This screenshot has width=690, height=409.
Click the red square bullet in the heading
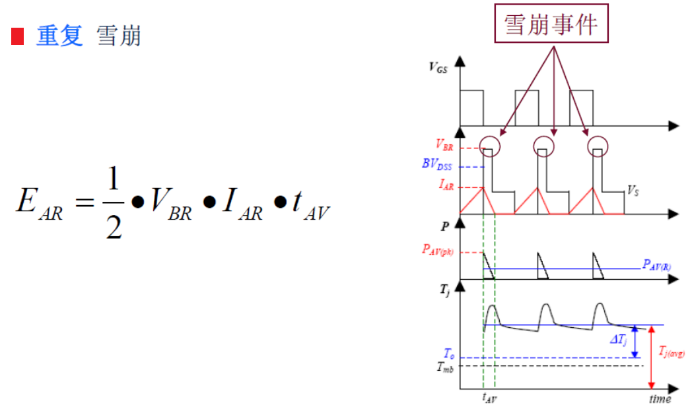[x=17, y=36]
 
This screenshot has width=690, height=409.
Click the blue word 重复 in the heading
[x=59, y=36]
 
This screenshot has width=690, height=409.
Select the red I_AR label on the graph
[x=445, y=187]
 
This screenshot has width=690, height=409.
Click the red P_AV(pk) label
[x=438, y=250]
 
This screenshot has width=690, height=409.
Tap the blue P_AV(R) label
[x=657, y=265]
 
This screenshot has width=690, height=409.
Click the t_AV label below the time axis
[x=489, y=398]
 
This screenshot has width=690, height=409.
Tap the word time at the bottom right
[x=660, y=398]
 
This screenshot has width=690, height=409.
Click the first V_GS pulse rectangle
[x=472, y=106]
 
